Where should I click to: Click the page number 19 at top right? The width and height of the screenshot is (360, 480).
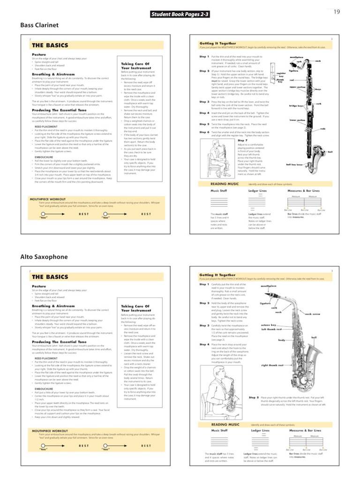click(337, 12)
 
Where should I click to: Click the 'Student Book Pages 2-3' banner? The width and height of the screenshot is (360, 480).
click(180, 15)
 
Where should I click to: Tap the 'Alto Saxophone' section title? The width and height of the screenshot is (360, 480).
click(44, 257)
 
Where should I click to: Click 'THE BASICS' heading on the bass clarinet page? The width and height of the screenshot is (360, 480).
click(50, 45)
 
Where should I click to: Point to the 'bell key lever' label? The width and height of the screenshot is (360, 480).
click(294, 165)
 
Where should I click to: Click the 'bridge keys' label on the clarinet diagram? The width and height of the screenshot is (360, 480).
click(297, 106)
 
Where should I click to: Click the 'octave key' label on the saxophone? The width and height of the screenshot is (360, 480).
click(269, 324)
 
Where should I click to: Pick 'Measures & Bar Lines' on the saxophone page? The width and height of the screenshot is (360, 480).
click(305, 430)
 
